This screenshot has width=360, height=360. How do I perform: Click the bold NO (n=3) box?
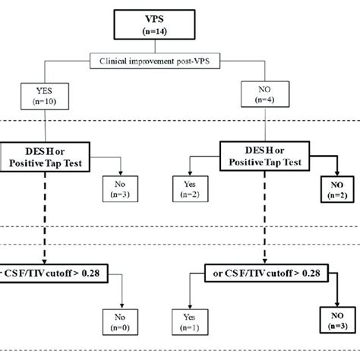(333, 325)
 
